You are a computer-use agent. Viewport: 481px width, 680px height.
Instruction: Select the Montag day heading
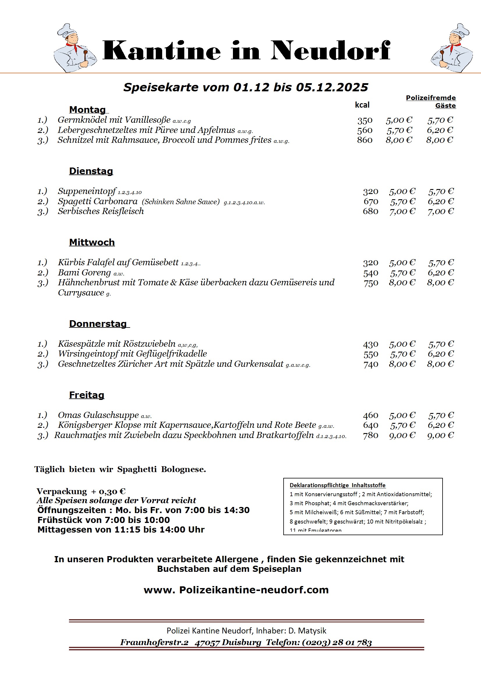click(87, 110)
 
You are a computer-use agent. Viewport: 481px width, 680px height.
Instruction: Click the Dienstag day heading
click(91, 171)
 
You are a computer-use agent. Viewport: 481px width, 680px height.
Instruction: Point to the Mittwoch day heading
click(92, 242)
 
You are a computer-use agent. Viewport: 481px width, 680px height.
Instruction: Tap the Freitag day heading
click(86, 395)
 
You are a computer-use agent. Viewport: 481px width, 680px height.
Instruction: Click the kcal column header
click(362, 105)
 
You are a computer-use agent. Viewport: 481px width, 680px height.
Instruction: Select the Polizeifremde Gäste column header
click(431, 102)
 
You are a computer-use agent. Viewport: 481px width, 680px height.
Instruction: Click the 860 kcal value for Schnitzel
click(365, 140)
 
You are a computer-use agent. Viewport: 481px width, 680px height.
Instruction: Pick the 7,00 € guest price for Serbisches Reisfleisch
click(440, 211)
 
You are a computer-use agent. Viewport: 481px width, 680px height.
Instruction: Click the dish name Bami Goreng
click(84, 273)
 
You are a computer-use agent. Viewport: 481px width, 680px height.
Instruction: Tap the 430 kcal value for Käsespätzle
click(370, 344)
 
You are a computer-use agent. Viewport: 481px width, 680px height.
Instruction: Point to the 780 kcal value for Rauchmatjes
click(370, 435)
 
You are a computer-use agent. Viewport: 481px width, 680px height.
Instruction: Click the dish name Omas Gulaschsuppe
click(98, 415)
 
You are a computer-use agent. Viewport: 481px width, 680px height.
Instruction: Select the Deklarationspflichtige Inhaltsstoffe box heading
click(337, 485)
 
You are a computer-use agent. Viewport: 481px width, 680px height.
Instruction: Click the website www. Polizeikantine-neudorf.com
click(236, 590)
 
